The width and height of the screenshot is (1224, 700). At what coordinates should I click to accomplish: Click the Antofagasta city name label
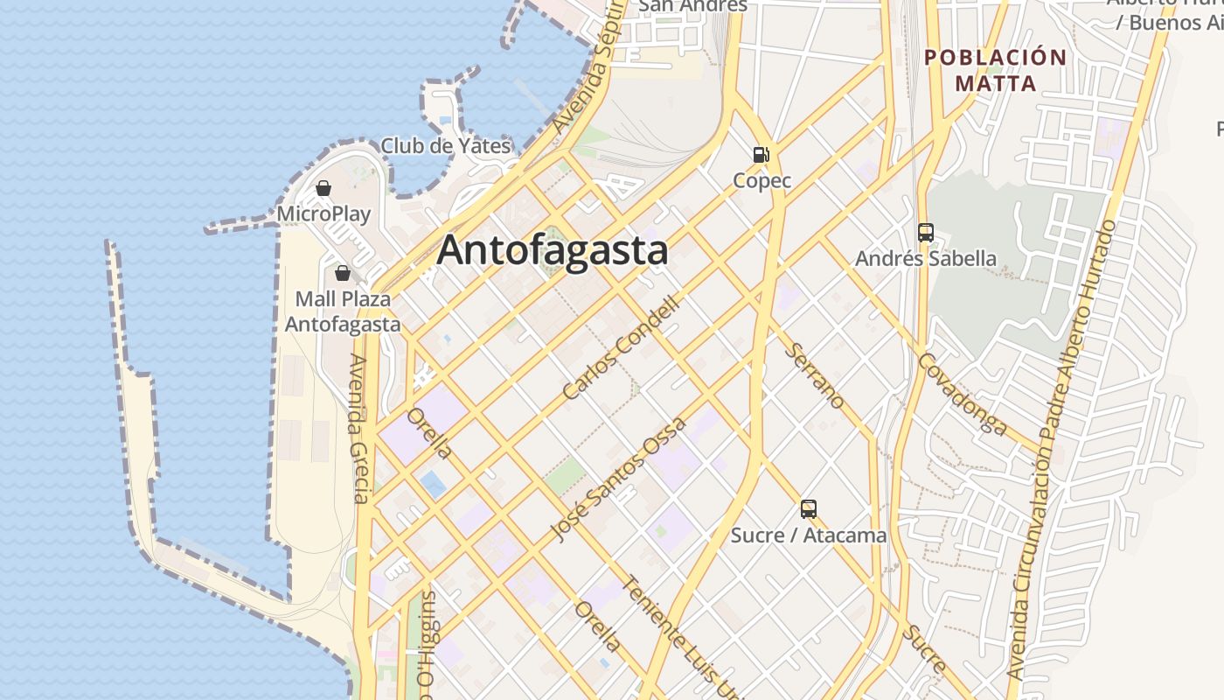[553, 250]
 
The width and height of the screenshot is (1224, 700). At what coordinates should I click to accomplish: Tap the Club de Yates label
[445, 146]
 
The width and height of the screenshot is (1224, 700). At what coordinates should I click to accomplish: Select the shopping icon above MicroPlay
[323, 187]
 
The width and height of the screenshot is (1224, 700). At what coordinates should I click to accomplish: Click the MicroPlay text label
[323, 213]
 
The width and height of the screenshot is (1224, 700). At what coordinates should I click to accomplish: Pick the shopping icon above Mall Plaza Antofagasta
[343, 273]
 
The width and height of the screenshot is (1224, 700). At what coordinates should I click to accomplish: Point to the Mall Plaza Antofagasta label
[343, 311]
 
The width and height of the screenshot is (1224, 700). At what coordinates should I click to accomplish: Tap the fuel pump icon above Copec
[762, 155]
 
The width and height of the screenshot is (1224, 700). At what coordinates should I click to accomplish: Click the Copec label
[762, 181]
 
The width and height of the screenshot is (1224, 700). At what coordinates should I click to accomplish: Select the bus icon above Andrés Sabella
[926, 233]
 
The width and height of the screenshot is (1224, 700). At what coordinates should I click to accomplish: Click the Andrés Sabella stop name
[926, 258]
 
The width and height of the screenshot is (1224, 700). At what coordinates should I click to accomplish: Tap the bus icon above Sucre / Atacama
[809, 508]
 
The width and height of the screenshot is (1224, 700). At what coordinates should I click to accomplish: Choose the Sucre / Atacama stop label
[809, 535]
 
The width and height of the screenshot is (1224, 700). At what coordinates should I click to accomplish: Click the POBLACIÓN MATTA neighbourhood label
[995, 71]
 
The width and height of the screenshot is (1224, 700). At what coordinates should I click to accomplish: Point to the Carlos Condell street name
[621, 348]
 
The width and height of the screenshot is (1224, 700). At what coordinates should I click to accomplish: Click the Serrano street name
[816, 375]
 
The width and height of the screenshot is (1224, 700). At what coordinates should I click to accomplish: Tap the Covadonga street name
[963, 394]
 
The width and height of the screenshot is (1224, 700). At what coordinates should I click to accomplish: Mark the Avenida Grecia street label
[359, 429]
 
